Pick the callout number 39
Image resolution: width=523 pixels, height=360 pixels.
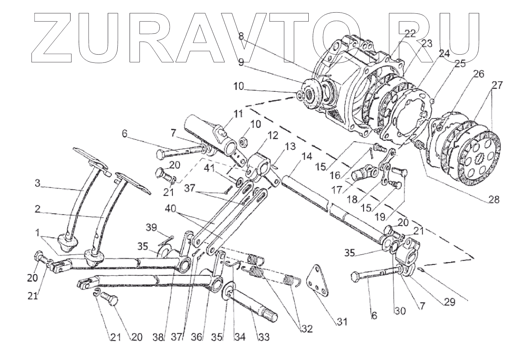(x=152, y=227)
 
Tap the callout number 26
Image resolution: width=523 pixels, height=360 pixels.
(x=478, y=74)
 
